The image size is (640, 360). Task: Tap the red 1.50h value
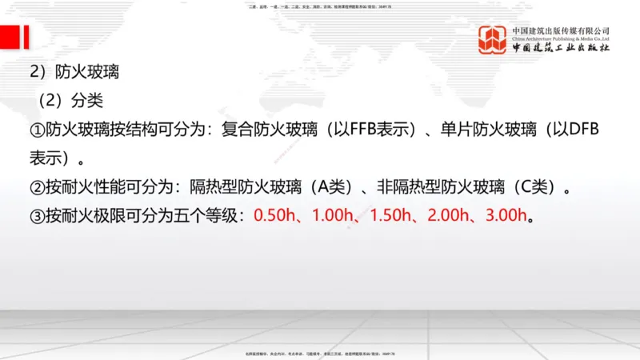pyautogui.click(x=389, y=216)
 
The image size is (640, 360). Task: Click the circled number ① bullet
pyautogui.click(x=37, y=130)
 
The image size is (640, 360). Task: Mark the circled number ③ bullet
pyautogui.click(x=37, y=216)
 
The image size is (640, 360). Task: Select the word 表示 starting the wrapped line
pyautogui.click(x=47, y=158)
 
